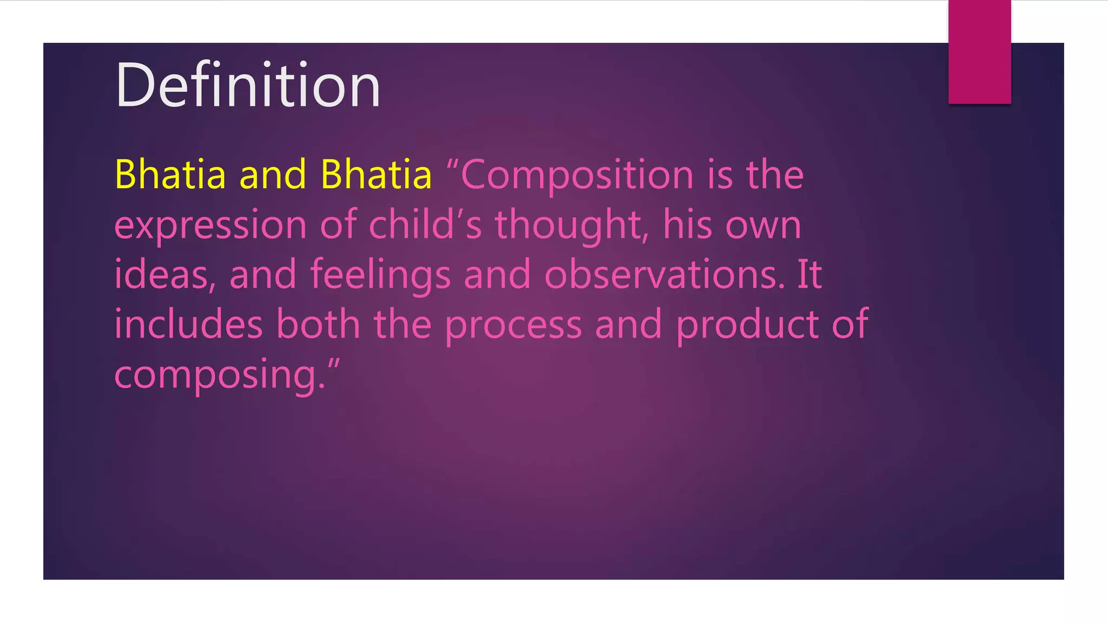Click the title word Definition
click(x=248, y=85)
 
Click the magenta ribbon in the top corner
click(x=979, y=52)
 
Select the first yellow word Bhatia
click(x=170, y=175)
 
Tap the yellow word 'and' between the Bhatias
click(x=273, y=175)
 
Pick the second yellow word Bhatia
click(x=376, y=175)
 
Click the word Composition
click(x=577, y=176)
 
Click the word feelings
click(x=380, y=275)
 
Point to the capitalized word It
click(x=809, y=275)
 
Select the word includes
click(x=188, y=324)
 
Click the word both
click(x=318, y=324)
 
